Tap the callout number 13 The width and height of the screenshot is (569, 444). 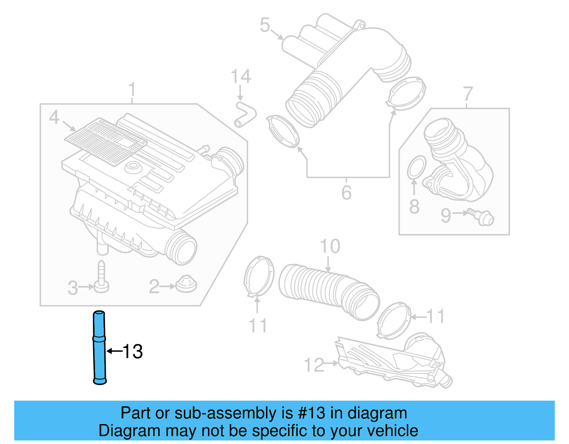[x=133, y=352]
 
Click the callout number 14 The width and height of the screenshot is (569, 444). [x=241, y=77]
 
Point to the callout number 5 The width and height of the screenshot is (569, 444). [x=265, y=25]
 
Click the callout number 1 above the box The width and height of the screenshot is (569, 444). [x=132, y=89]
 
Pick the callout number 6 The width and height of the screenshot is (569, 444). [x=346, y=193]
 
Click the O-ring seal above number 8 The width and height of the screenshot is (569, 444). [x=416, y=167]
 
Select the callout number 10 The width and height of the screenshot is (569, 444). [x=330, y=246]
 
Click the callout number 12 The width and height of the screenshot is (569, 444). [x=314, y=365]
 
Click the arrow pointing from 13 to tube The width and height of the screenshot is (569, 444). [x=114, y=351]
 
